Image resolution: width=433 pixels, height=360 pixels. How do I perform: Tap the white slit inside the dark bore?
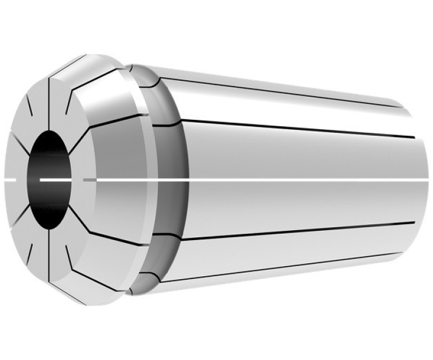(56, 177)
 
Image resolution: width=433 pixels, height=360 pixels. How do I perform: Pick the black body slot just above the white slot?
(295, 129)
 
